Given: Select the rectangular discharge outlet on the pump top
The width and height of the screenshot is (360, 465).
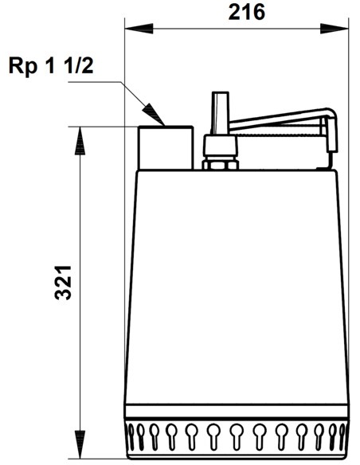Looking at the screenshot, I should pyautogui.click(x=166, y=147).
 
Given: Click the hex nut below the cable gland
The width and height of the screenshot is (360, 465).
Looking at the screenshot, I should pyautogui.click(x=221, y=165).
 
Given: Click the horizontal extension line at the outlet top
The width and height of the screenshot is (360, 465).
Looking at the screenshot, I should pyautogui.click(x=104, y=126).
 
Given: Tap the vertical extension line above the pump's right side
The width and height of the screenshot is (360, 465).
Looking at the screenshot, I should pyautogui.click(x=349, y=80).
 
